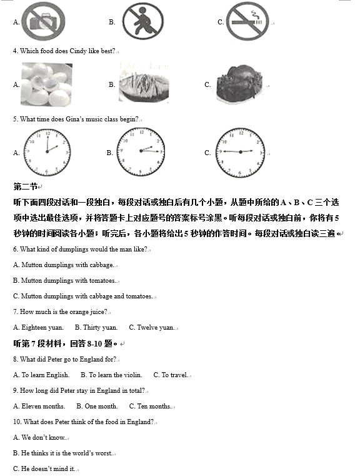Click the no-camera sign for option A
[x=42, y=20]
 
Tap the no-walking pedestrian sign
[x=142, y=20]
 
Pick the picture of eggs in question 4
[x=46, y=83]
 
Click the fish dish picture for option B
[x=143, y=83]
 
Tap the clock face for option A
[x=47, y=152]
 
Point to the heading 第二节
[x=25, y=186]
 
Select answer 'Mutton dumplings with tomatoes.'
[x=64, y=281]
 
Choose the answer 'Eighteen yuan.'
[x=38, y=327]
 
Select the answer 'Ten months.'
[x=150, y=406]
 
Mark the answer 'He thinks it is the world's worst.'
[x=63, y=453]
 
